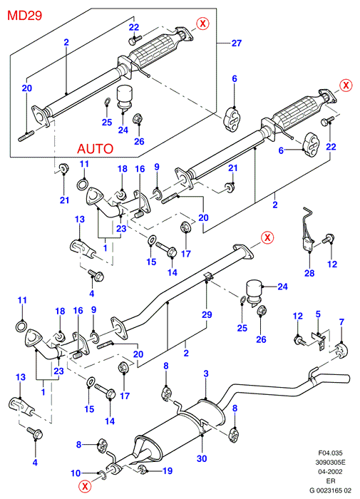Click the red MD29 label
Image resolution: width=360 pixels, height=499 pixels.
pos(24,15)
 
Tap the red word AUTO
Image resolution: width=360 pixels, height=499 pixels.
pos(96,148)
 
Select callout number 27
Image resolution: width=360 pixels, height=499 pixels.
pos(237,43)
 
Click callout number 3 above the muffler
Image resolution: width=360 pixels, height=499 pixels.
pos(206,374)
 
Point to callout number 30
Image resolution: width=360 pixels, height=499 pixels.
pos(202,458)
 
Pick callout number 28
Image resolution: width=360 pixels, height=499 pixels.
pos(309,273)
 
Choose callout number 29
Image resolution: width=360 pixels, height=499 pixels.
pos(207,314)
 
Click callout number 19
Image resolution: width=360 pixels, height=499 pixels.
pos(168,470)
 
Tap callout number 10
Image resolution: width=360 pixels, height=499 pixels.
pos(76,473)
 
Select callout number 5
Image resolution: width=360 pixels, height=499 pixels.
pos(318,314)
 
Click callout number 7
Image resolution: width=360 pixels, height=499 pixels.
pos(341,321)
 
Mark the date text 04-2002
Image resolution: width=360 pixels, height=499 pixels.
pos(331,471)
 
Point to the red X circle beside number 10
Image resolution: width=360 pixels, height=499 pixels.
pos(85,486)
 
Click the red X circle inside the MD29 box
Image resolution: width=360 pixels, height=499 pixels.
pos(202,24)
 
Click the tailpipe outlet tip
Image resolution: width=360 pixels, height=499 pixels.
pos(348,378)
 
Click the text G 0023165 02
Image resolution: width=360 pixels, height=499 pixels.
pos(331,490)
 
